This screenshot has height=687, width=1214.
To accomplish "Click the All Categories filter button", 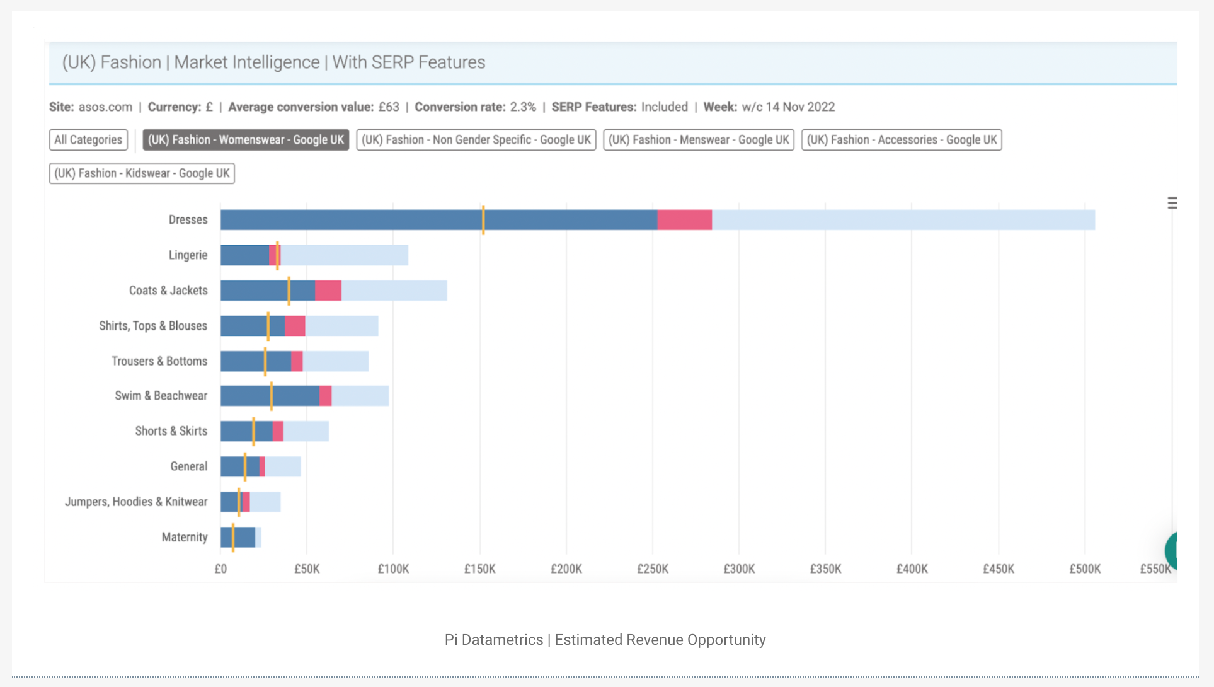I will click(x=88, y=140).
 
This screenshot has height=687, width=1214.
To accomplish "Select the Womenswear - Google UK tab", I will click(x=246, y=140).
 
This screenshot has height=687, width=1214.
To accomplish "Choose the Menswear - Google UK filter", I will click(x=698, y=140).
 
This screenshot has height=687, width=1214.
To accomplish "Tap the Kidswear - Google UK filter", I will click(x=142, y=173).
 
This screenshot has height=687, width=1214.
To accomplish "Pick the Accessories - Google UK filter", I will click(x=902, y=140).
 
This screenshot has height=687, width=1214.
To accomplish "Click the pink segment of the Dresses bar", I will click(x=684, y=220).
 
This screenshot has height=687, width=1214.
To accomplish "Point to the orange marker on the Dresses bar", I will click(x=483, y=220).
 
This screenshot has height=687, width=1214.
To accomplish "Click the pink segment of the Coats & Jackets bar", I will click(x=328, y=291).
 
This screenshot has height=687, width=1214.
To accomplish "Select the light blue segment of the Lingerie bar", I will click(x=344, y=255).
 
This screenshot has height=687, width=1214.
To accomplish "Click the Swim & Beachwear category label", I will click(x=161, y=396).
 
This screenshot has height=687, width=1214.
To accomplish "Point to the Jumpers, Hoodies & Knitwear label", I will click(x=136, y=502).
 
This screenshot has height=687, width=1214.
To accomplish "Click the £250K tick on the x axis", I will click(x=653, y=569).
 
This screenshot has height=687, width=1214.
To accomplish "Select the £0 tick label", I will click(x=220, y=569).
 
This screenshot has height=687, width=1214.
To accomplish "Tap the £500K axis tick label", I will click(x=1085, y=569).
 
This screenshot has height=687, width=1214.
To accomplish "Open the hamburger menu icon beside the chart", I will click(x=1172, y=203).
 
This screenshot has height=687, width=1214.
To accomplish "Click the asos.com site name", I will click(x=105, y=107).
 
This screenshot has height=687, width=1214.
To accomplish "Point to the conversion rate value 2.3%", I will click(x=523, y=107).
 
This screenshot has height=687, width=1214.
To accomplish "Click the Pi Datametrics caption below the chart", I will click(x=605, y=640).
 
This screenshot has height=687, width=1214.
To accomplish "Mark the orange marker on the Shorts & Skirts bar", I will click(x=253, y=431).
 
